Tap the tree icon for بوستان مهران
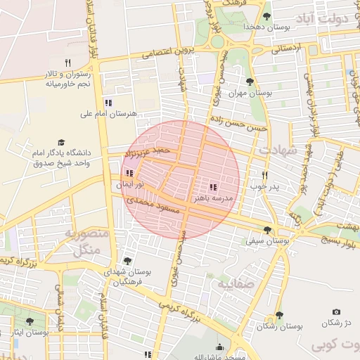250,82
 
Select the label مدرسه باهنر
214,199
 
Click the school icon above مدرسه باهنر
212,188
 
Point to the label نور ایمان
130,184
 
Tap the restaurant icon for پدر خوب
265,175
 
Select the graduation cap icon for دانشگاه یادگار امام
60,142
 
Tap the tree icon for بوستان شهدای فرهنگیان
127,261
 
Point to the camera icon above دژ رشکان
336,311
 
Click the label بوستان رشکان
279,326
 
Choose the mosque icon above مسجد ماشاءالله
220,347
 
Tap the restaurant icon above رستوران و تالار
68,63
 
